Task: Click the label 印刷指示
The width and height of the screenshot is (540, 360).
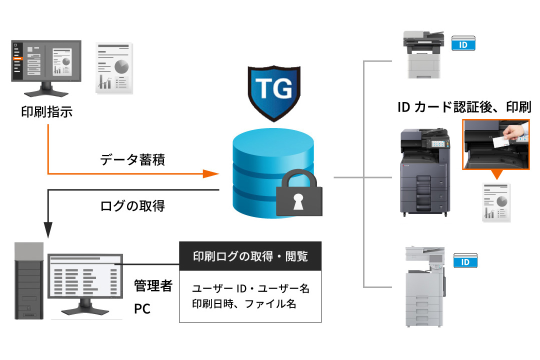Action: click(x=47, y=111)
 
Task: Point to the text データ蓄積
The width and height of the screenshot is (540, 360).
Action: click(x=132, y=160)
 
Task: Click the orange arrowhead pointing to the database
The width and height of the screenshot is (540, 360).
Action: click(x=211, y=174)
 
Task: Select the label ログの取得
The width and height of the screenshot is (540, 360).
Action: click(x=132, y=205)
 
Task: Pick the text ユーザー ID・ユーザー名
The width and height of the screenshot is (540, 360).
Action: click(x=250, y=288)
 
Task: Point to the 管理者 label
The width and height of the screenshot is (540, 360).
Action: click(x=153, y=286)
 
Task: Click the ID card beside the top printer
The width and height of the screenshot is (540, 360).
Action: click(x=463, y=44)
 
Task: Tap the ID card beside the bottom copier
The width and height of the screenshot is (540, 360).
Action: click(x=465, y=261)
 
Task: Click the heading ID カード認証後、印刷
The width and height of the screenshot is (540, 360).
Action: click(x=463, y=107)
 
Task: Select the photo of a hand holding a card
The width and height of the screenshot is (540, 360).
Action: click(x=496, y=144)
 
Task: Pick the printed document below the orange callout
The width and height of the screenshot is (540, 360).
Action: click(x=497, y=202)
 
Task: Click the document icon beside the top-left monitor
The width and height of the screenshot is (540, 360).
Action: click(x=114, y=68)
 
